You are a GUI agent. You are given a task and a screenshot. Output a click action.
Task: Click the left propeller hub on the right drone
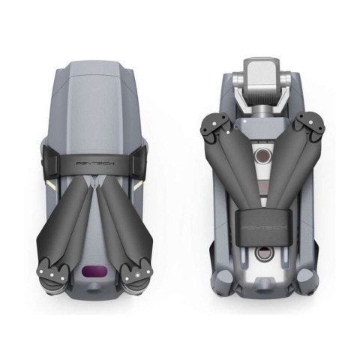coord(217,126)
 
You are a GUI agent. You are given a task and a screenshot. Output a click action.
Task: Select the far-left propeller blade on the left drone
coord(56,217)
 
